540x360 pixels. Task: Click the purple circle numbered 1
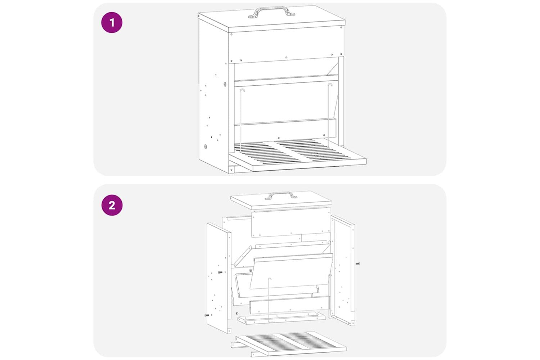[x=112, y=23]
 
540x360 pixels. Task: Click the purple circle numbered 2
[x=112, y=205]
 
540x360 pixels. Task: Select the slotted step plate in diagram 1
[x=297, y=154]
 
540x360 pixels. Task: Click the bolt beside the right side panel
[x=358, y=264]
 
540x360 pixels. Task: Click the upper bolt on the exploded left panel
[x=220, y=272]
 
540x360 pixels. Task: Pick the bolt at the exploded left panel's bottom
[x=207, y=315]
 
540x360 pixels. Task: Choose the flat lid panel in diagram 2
[x=281, y=200]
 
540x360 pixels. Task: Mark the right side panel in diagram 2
[x=343, y=270]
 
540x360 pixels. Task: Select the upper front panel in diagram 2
[x=291, y=222]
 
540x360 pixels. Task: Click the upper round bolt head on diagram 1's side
[x=225, y=84]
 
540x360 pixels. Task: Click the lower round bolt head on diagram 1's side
[x=206, y=147]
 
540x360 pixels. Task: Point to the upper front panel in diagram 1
[x=286, y=45]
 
